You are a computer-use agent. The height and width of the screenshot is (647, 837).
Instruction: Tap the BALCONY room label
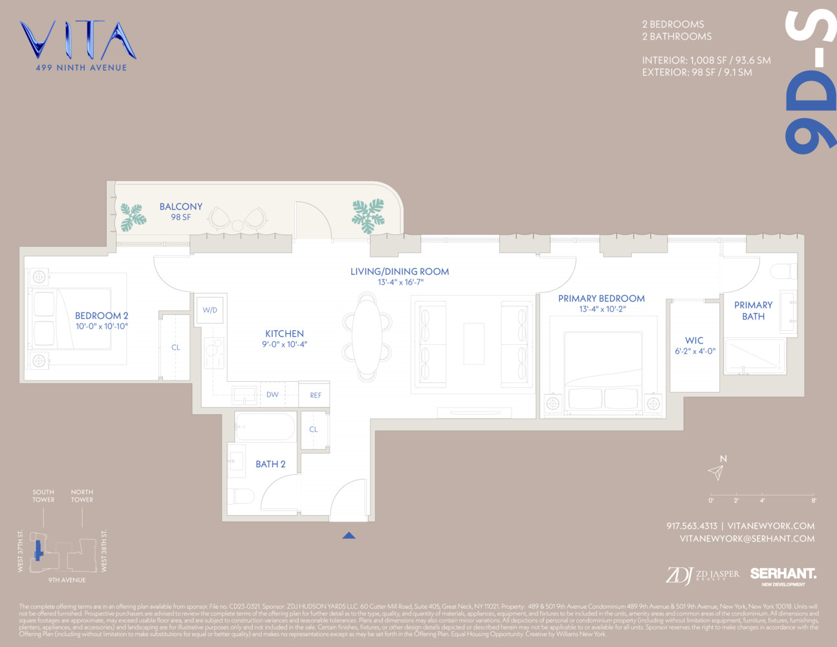(181, 207)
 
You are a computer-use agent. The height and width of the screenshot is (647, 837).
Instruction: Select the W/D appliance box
(210, 310)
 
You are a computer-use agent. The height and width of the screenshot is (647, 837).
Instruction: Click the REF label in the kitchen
(315, 395)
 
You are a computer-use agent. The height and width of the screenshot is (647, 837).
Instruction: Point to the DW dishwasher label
(272, 395)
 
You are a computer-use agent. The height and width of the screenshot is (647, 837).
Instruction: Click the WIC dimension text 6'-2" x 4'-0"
(695, 351)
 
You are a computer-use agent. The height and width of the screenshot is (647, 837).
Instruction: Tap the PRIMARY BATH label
(753, 311)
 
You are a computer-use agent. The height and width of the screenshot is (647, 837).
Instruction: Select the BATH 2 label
(270, 464)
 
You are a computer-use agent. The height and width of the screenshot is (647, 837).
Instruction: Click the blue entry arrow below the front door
(349, 535)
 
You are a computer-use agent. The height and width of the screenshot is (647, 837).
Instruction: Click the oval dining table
(367, 336)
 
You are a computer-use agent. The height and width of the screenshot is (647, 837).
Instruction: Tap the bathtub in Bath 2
(265, 428)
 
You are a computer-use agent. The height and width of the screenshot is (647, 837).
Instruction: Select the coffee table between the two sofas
(473, 343)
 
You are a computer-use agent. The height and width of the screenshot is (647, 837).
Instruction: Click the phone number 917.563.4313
(691, 526)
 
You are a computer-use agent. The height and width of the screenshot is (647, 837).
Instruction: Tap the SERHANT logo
(783, 574)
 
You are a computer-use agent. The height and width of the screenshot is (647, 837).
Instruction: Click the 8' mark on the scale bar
(813, 500)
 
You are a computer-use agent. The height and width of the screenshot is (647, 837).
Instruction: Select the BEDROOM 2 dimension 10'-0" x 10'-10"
(102, 327)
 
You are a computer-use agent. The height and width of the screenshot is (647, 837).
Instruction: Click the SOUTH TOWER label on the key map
(43, 496)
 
